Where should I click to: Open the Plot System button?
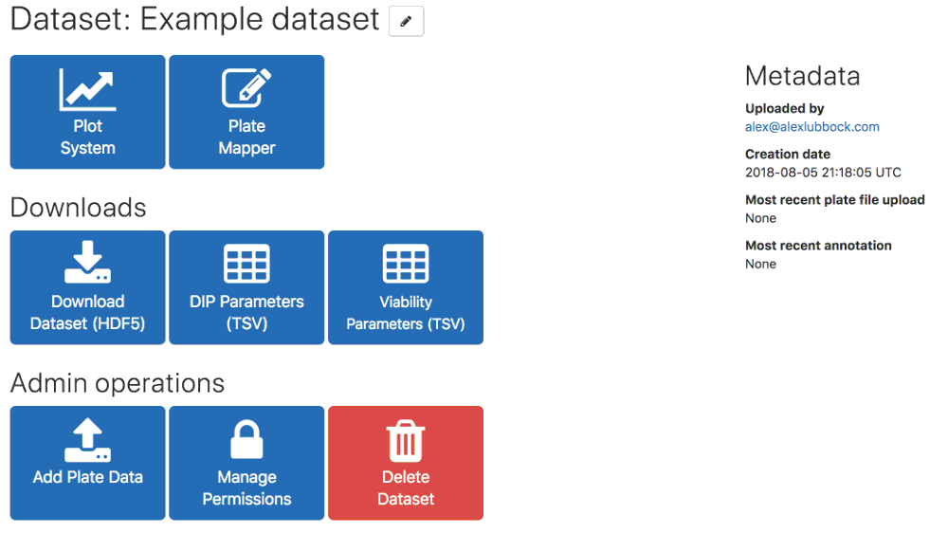click(x=87, y=112)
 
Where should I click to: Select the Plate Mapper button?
click(x=246, y=112)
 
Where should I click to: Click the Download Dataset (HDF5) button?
click(x=87, y=287)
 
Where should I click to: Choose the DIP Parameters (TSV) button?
click(x=246, y=287)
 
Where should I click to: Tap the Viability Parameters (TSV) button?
click(x=406, y=287)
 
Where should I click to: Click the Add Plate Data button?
click(x=87, y=463)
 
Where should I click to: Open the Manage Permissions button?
click(x=246, y=463)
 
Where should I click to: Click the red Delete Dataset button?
click(x=406, y=463)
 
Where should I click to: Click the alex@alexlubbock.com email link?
click(x=812, y=127)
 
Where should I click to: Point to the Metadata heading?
click(x=802, y=77)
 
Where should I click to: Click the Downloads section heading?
click(x=78, y=208)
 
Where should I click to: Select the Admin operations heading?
click(x=118, y=383)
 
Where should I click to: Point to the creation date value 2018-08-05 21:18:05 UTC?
click(x=823, y=173)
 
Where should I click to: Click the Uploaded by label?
click(x=784, y=109)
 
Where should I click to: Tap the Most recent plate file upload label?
click(x=834, y=200)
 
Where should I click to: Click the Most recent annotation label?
click(x=818, y=246)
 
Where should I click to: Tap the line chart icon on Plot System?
click(x=87, y=89)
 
